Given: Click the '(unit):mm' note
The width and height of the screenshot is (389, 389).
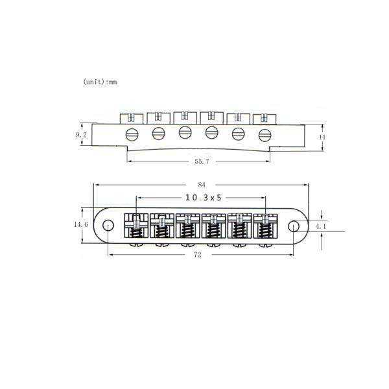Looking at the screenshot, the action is (x=100, y=82).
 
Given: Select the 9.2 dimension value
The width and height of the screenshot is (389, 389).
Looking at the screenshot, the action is (x=81, y=135).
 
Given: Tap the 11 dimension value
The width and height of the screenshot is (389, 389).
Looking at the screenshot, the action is (x=322, y=137).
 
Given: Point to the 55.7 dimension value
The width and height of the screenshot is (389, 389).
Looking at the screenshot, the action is (x=202, y=161).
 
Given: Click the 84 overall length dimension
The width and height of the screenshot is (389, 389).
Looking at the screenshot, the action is (x=202, y=185).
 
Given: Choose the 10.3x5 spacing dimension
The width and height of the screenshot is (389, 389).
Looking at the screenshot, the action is (x=204, y=198).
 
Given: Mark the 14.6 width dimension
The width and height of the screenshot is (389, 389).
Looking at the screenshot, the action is (x=81, y=224).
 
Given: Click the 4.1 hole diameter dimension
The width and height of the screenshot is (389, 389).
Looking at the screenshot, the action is (x=320, y=226).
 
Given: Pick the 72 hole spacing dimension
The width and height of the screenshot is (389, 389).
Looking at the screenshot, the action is (x=198, y=255).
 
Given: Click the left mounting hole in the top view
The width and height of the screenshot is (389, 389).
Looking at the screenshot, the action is (x=108, y=226).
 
